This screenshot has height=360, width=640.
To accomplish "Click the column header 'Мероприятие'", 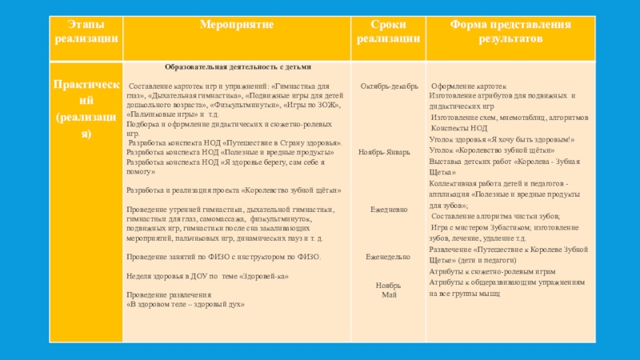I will click(x=236, y=26).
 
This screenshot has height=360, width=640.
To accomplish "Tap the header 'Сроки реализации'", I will click(x=388, y=31).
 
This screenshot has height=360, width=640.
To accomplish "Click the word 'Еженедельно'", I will click(x=388, y=257).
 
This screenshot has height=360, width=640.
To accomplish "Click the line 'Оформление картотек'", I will click(x=470, y=86).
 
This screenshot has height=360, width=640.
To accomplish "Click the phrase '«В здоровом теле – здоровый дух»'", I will click(x=186, y=305).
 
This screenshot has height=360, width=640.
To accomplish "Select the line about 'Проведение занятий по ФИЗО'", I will click(x=224, y=257).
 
